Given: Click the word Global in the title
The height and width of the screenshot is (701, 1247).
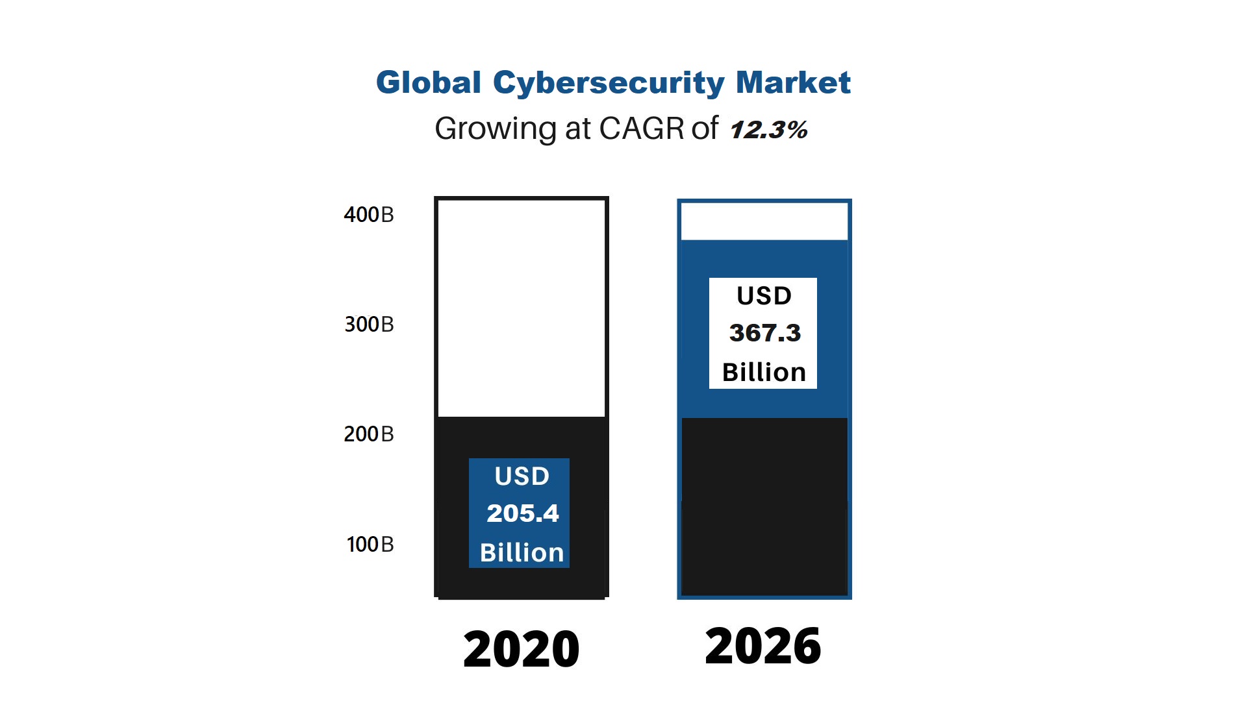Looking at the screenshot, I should [428, 83].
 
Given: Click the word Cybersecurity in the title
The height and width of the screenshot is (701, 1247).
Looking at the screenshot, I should [608, 83].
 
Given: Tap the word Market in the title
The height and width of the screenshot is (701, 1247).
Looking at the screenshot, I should [792, 83].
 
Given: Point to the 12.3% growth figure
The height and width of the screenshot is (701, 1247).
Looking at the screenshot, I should [768, 130].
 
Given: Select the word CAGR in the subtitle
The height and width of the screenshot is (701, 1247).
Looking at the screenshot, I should [641, 129].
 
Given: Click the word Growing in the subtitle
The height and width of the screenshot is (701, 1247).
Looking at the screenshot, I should [495, 129].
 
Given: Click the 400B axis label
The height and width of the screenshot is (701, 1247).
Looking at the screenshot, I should [369, 215].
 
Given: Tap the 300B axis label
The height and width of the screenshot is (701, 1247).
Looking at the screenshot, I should [369, 325].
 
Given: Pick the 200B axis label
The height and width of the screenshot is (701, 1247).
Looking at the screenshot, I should [369, 434].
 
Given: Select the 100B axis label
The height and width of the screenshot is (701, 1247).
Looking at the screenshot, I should [370, 545].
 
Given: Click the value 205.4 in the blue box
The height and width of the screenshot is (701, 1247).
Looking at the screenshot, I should [522, 513].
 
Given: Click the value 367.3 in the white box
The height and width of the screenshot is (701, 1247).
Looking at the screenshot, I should [764, 333].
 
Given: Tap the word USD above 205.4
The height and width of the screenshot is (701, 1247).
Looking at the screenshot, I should [522, 476].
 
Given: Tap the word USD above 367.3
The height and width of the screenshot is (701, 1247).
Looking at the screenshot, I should [764, 296].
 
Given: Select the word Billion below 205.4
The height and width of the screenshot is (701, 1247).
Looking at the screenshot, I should [522, 553].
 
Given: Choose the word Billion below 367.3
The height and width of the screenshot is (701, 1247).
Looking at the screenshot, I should [764, 373].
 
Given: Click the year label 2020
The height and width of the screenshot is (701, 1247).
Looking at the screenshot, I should [521, 649].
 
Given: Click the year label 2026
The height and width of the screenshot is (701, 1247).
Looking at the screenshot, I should [763, 646].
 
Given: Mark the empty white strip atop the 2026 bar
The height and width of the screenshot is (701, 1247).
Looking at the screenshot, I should [764, 221].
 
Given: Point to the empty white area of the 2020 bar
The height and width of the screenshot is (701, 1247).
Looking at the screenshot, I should [522, 308].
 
